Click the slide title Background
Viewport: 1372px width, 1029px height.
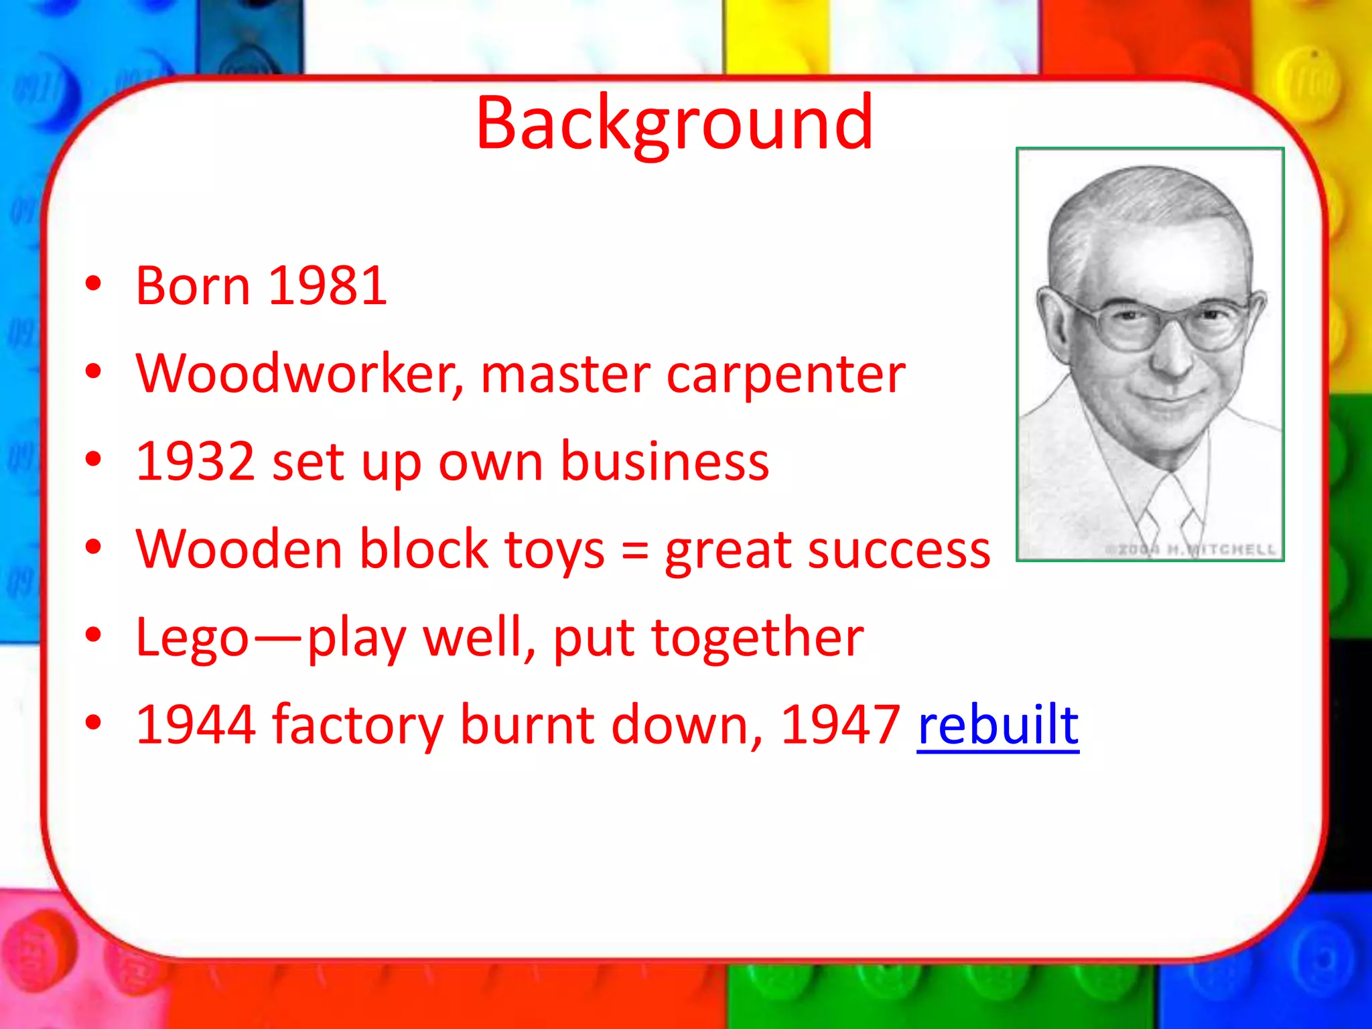point(674,124)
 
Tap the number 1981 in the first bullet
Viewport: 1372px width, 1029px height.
point(328,286)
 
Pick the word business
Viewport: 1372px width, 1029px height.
point(665,462)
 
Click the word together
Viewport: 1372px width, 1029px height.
point(758,638)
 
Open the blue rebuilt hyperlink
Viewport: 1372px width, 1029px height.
point(998,726)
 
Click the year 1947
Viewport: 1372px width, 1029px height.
point(840,726)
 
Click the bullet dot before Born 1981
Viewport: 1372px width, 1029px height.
point(93,285)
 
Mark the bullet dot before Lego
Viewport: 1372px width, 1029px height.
point(93,634)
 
